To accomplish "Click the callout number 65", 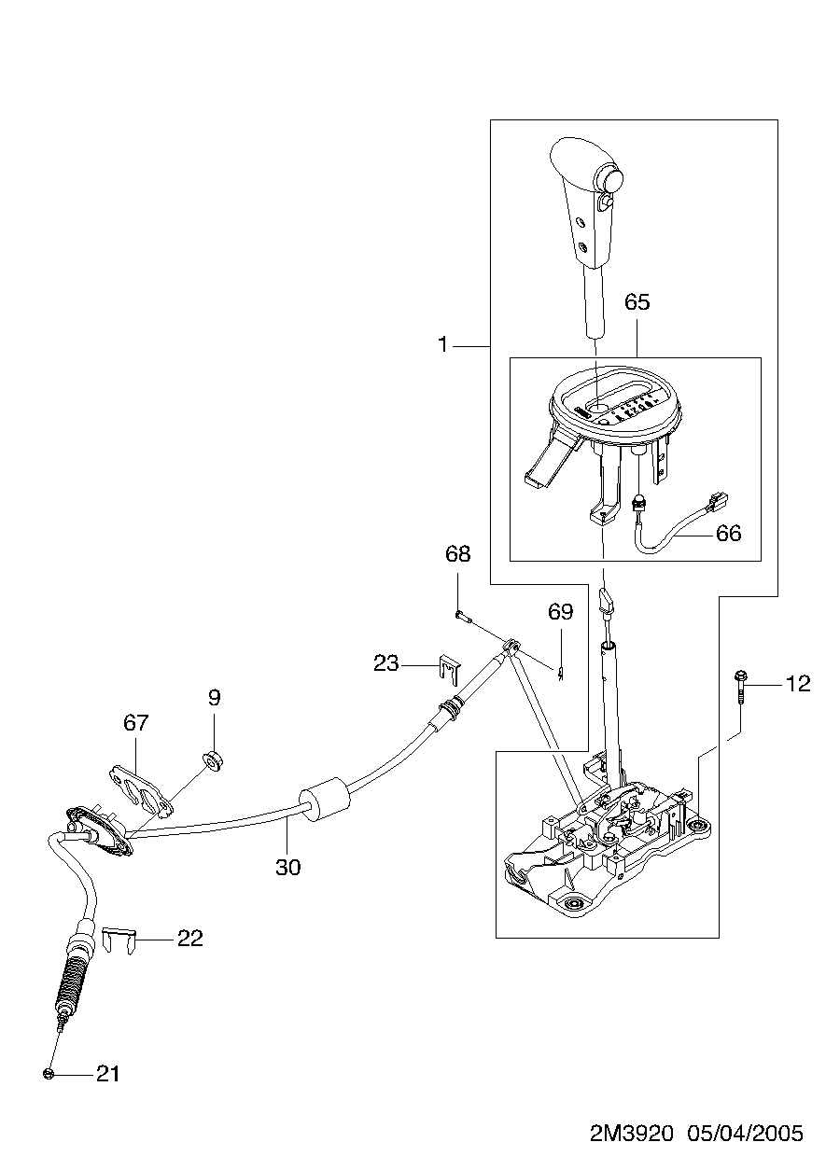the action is (x=637, y=302).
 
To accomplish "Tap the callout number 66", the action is (x=728, y=534).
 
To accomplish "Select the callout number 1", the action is (x=442, y=344).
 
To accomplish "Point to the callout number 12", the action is (x=798, y=684).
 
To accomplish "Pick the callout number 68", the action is (x=457, y=553).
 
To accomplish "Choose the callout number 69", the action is (x=561, y=611).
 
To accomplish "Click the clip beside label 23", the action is (x=449, y=669).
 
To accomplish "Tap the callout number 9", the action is (x=214, y=697).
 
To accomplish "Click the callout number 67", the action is (x=136, y=723).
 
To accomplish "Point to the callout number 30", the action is (x=288, y=868).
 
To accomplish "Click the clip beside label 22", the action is (x=119, y=940).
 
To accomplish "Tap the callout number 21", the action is (x=107, y=1074).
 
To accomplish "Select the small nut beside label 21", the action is (x=49, y=1074).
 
